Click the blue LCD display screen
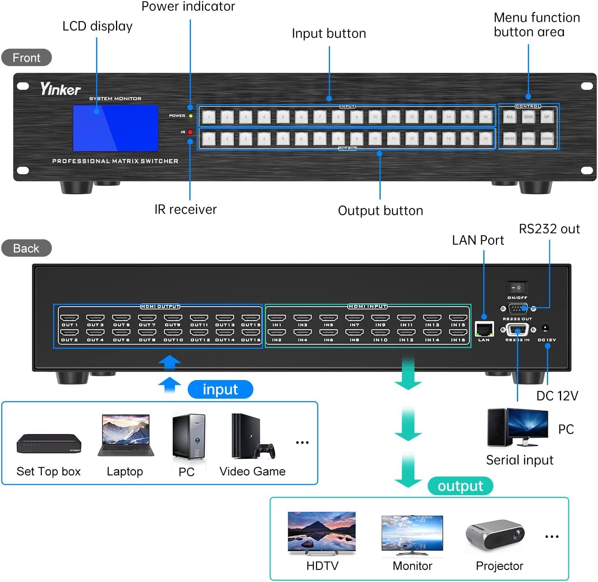(116, 128)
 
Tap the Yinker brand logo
(60, 89)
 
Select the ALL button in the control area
(510, 117)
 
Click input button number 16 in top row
(485, 117)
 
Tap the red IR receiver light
(190, 132)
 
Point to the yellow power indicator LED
(191, 116)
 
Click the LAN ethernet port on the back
(484, 329)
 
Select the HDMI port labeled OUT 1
(69, 318)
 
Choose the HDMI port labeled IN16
(458, 333)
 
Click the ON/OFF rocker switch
(517, 288)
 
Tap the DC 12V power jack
(546, 329)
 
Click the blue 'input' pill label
(220, 389)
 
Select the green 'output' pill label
(460, 486)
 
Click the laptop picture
(126, 435)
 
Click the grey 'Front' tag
(26, 58)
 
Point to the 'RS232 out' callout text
(549, 229)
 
